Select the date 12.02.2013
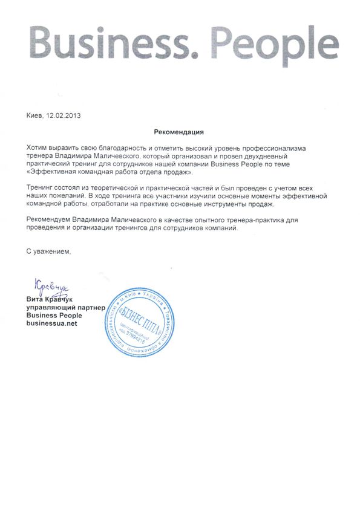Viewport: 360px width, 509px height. tap(64, 115)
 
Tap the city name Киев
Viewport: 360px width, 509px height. tap(35, 115)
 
